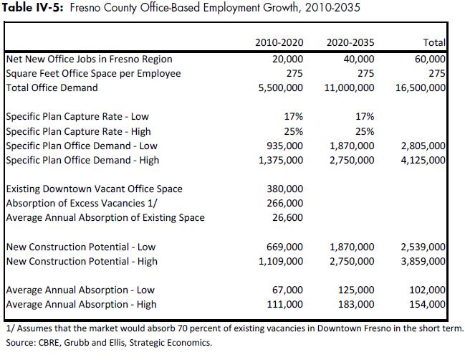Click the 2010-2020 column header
click(279, 44)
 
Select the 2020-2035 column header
click(350, 44)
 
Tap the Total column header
click(434, 44)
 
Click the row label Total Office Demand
click(52, 87)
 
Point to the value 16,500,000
click(421, 87)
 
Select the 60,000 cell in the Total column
click(431, 59)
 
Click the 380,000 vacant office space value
click(284, 189)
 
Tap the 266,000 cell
click(284, 203)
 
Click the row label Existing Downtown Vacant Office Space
click(94, 189)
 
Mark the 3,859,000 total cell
click(423, 261)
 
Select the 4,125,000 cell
click(423, 160)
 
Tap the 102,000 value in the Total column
click(428, 290)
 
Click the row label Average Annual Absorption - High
click(82, 304)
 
